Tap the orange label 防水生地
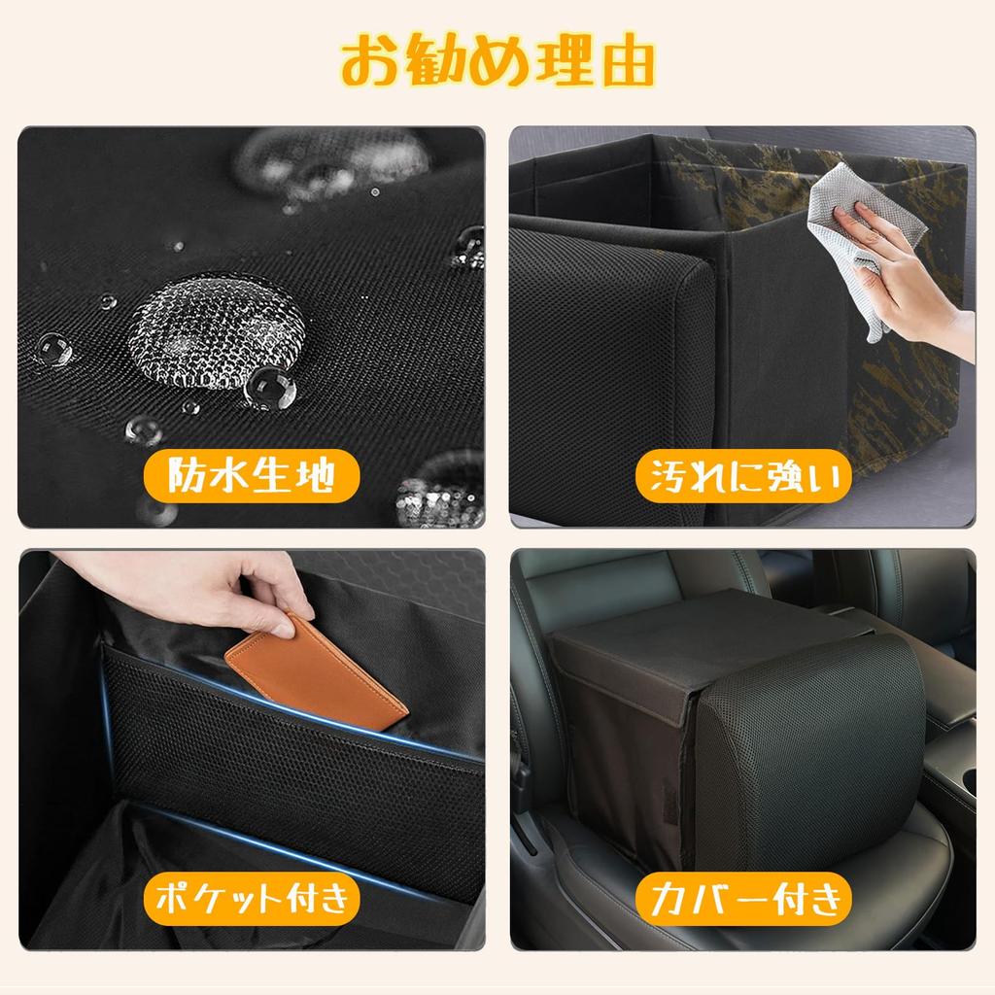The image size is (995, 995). coord(252,477)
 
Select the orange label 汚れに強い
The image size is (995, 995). coord(743,477)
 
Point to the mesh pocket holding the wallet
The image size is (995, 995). coord(292,768)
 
